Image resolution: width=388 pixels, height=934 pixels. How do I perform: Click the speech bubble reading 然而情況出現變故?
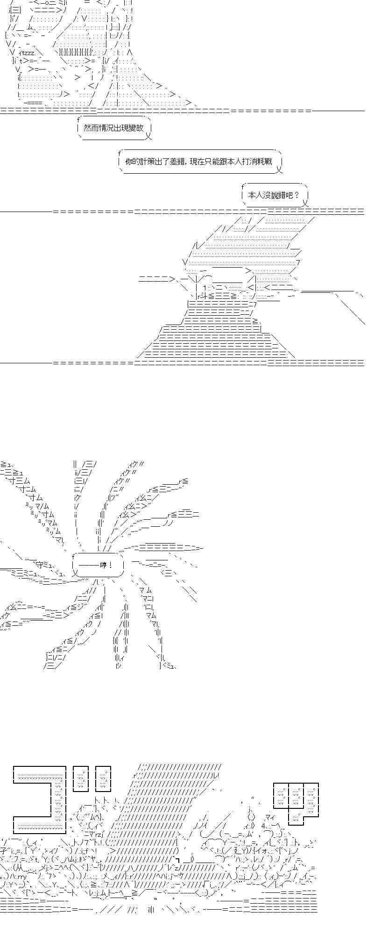click(114, 128)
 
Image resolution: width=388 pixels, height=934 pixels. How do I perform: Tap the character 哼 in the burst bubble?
click(103, 565)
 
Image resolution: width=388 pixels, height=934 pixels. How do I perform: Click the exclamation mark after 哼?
click(111, 565)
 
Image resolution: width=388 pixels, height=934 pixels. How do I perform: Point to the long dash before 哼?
click(88, 565)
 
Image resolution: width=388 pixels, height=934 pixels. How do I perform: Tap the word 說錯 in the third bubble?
click(276, 195)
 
